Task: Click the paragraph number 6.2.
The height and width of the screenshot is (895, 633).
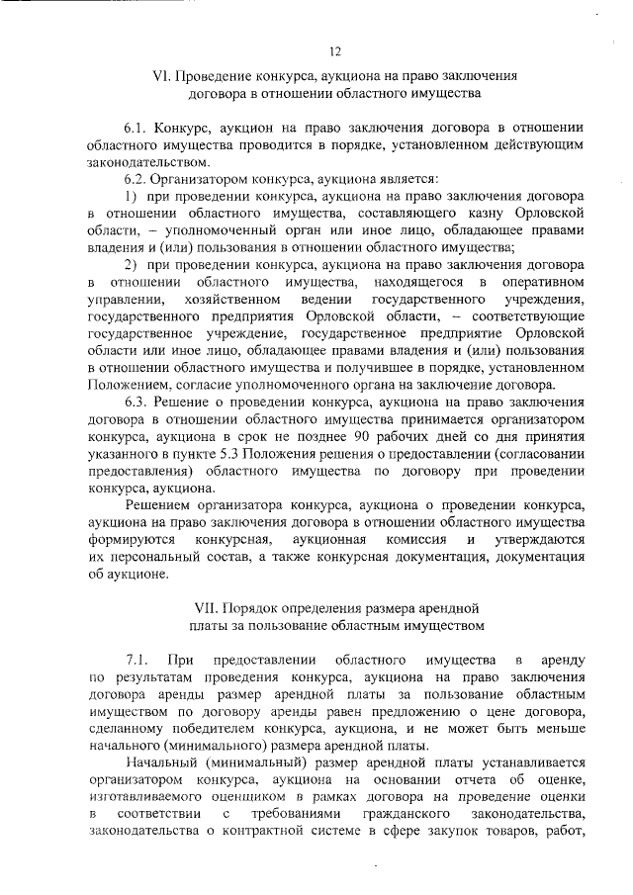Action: coord(137,179)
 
